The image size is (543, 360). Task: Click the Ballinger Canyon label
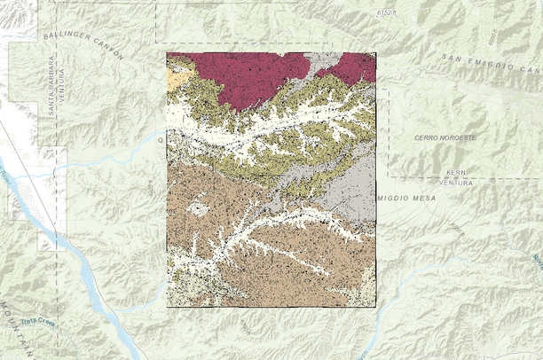coord(83,43)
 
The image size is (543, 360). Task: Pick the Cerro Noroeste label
coord(445,138)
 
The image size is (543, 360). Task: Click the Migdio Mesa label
coord(406,198)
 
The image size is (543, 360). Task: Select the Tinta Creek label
coord(38,323)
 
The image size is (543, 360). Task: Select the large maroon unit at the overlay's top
coord(253,75)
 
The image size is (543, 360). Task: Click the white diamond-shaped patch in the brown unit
coord(199,209)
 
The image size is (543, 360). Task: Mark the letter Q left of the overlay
coord(161,139)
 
